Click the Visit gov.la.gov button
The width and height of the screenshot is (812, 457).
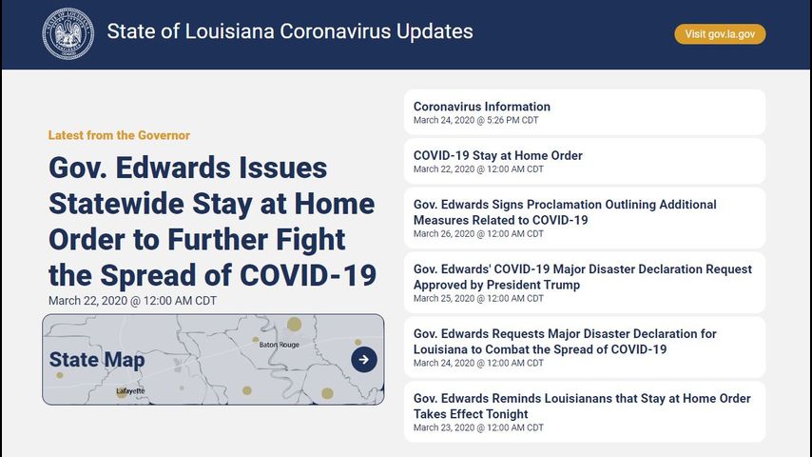(x=720, y=34)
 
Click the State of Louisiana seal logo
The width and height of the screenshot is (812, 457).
(x=68, y=33)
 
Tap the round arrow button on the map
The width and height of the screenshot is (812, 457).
(x=364, y=360)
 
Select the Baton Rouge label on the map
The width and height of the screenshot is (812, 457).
(x=280, y=345)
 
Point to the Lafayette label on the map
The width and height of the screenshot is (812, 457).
(x=130, y=390)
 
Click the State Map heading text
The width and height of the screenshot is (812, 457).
(x=97, y=360)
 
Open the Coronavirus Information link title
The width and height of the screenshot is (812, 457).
(x=482, y=107)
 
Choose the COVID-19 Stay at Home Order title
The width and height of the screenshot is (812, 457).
(x=497, y=155)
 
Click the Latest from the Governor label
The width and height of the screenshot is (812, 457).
(x=119, y=135)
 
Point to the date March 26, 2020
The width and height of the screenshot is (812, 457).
(x=444, y=234)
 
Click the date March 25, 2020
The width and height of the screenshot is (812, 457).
(x=444, y=298)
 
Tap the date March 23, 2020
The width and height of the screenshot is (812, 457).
(x=444, y=427)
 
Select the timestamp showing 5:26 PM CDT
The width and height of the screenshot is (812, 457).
(x=512, y=120)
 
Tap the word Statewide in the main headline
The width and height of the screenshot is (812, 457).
(x=116, y=204)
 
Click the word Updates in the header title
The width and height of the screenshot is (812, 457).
(x=435, y=31)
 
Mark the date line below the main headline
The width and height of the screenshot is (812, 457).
(x=132, y=301)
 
